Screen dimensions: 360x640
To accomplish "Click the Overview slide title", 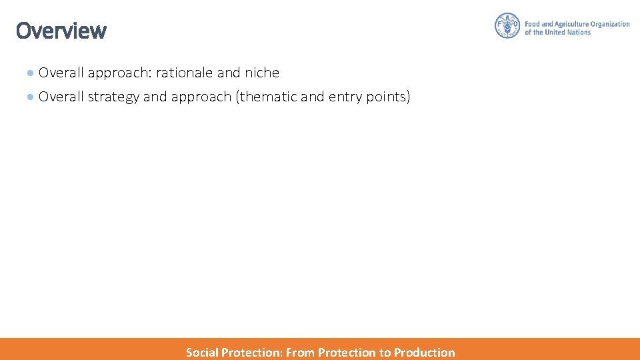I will click(x=61, y=31).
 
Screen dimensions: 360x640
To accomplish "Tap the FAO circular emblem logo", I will click(x=507, y=26).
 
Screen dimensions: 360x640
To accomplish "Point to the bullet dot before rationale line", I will click(x=31, y=73).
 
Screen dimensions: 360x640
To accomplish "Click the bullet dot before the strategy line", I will click(x=31, y=97).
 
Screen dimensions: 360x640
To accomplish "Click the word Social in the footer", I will click(x=202, y=353).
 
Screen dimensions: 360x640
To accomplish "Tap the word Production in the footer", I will click(x=424, y=353).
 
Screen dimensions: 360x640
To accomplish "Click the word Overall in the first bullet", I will click(x=61, y=73).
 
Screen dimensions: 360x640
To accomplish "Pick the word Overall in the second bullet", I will click(x=61, y=97).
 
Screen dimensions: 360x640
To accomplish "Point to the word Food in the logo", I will click(x=533, y=24).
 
